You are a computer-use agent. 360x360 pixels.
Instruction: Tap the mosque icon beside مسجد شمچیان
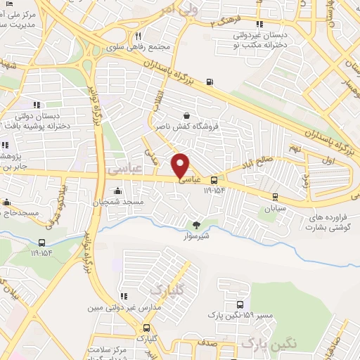coord(117,191)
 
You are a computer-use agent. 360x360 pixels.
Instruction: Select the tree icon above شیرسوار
coord(196,225)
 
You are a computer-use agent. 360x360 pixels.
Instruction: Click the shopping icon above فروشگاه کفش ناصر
coord(186,117)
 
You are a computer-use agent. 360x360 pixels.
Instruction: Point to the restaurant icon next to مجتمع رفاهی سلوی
coord(139,37)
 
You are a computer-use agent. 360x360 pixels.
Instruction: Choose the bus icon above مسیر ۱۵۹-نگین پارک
coord(241,306)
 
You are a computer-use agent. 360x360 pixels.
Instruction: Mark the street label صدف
coord(205,345)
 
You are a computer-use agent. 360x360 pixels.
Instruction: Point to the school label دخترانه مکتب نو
coord(266,44)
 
